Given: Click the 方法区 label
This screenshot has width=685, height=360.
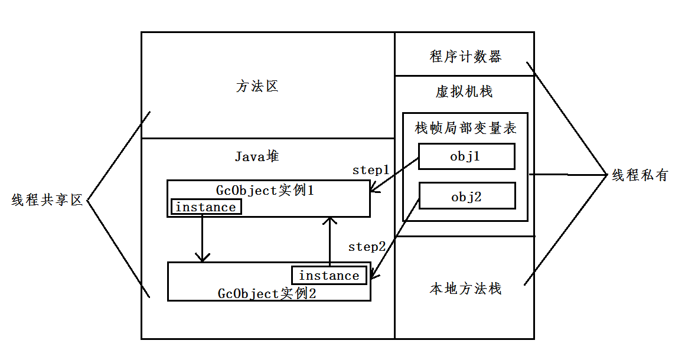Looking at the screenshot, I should [257, 87].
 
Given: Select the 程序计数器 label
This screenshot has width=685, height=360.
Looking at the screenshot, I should [465, 57].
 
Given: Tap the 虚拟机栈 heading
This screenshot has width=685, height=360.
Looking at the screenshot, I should [464, 92].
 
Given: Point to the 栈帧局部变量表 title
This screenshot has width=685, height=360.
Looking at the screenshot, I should [466, 128].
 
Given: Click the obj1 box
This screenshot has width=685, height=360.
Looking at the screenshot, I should [467, 156].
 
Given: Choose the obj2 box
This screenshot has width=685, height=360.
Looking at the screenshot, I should [467, 197].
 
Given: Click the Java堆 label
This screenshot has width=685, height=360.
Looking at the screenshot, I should [257, 156].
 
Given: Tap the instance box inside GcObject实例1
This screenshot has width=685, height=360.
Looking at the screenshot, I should [206, 207].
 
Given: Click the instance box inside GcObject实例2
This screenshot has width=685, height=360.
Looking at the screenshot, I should [329, 276].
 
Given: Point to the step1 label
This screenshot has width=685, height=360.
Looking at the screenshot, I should [371, 170].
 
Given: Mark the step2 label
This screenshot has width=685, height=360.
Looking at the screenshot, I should [367, 247].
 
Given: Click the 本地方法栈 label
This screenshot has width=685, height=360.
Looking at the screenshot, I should [465, 289].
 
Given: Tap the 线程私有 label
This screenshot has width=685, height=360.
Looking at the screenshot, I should [640, 175].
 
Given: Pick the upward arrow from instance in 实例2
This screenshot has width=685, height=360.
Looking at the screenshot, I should [330, 242].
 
